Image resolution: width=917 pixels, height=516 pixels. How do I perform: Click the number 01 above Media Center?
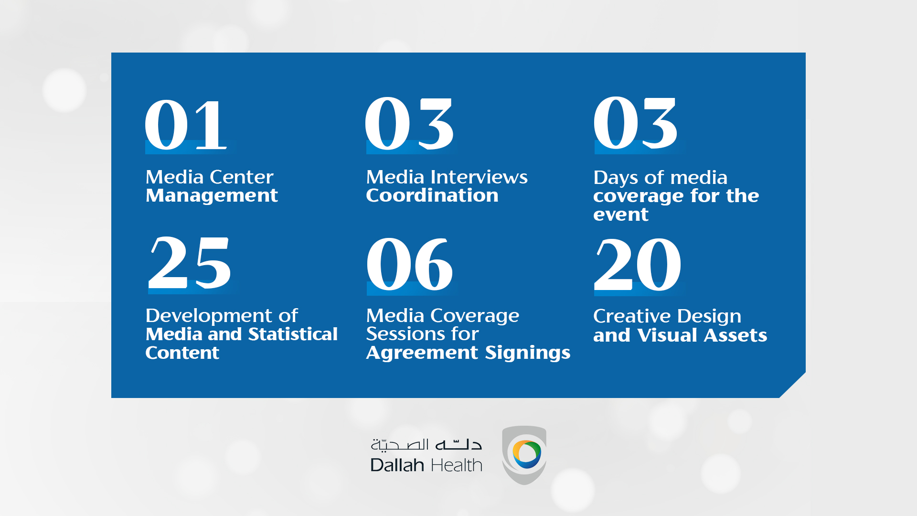point(185,125)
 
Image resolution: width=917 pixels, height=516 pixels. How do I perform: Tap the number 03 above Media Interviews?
point(409,123)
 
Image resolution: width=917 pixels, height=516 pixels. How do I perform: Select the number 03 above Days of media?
point(635,123)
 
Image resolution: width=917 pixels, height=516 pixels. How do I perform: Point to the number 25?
point(190,263)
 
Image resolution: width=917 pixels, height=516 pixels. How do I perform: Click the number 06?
point(410,264)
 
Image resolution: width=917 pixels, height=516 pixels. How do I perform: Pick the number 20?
point(638,264)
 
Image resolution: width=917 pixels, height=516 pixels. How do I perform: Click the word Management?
point(212,196)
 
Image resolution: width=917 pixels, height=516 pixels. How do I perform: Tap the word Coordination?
point(432,195)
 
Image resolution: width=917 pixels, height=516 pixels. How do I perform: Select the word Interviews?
point(479,177)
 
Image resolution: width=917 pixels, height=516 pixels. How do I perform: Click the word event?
point(621,215)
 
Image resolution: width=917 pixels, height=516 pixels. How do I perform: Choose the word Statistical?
point(293,334)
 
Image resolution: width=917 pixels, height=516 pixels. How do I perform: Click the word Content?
point(182,353)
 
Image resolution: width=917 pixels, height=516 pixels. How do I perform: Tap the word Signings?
point(528,353)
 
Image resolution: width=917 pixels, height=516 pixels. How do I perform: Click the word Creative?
point(632,316)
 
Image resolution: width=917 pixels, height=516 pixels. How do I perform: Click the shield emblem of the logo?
point(524,455)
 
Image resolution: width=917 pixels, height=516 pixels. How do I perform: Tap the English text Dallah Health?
point(427,465)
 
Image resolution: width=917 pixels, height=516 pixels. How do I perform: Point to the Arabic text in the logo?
point(427,445)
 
